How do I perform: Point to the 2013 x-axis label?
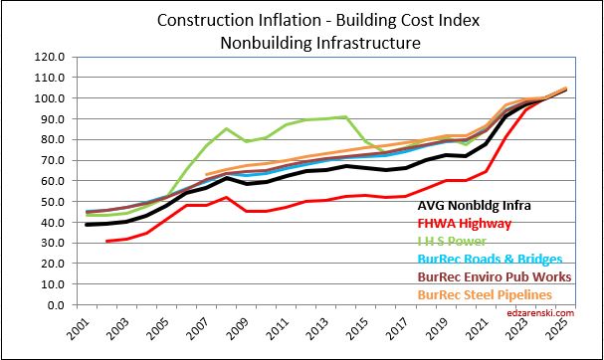tap(327, 326)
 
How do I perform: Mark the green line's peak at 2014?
tap(346, 117)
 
